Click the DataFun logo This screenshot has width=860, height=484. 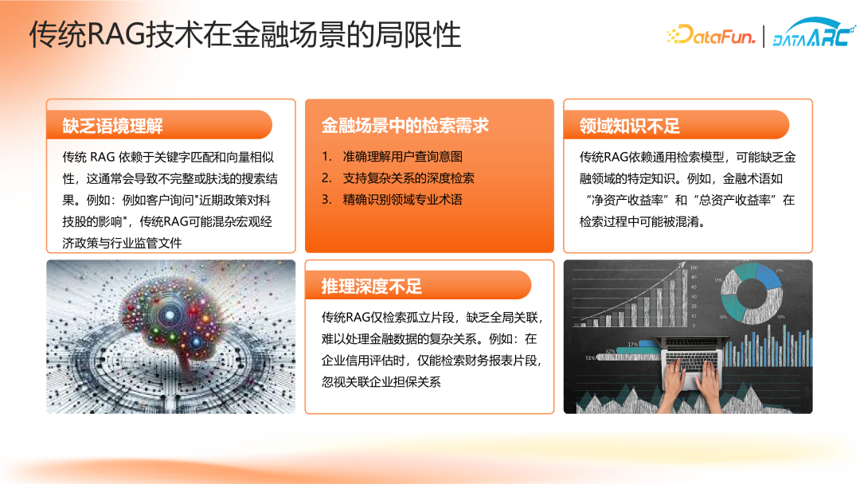coord(711,35)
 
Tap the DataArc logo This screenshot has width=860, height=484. coord(814,33)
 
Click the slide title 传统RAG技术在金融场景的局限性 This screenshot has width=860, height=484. coord(245,34)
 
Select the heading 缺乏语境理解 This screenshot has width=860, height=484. coord(112,126)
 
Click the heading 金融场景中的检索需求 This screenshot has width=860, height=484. coord(405,126)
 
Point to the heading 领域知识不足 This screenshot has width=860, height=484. coord(630,126)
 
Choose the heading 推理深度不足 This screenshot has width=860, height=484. coord(371,286)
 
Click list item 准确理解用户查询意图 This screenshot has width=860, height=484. coord(403,157)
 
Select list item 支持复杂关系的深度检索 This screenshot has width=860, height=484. coord(408,178)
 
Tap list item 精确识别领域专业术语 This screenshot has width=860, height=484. coord(403,200)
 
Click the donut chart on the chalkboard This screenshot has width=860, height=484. coord(752,294)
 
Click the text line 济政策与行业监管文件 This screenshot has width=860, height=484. coord(122,244)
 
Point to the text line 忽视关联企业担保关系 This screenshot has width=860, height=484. coord(381,382)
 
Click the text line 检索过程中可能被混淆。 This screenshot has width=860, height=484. coord(643,221)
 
